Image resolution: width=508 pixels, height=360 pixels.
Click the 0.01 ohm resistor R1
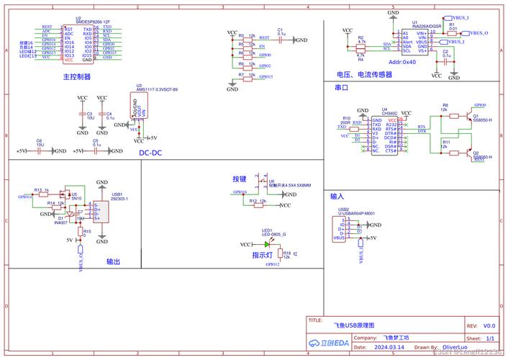pos(451,33)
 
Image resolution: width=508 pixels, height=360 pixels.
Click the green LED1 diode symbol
pos(267,245)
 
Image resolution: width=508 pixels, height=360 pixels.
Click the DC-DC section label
pos(150,152)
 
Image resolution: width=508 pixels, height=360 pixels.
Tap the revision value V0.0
pos(489,325)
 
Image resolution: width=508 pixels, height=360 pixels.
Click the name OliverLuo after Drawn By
pos(456,347)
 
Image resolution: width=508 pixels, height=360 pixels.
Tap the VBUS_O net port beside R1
pos(476,33)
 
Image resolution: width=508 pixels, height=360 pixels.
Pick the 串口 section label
pos(342,87)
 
